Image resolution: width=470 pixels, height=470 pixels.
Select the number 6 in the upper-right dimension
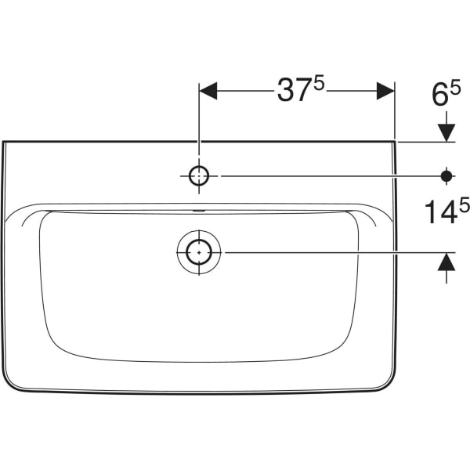click(439, 96)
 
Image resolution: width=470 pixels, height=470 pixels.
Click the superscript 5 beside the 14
click(464, 206)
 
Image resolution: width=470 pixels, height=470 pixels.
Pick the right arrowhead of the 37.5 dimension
click(385, 91)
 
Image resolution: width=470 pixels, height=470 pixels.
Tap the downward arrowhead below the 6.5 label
click(446, 132)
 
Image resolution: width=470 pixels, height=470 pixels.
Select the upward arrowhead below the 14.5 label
click(446, 262)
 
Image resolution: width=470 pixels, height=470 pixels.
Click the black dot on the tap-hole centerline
click(446, 176)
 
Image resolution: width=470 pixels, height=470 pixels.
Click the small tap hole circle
click(199, 176)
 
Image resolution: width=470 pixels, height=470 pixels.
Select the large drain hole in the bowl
click(199, 252)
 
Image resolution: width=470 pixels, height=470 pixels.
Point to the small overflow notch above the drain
click(199, 211)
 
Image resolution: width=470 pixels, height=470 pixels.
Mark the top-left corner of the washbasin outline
click(4, 143)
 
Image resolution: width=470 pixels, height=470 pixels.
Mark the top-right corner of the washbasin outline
click(394, 143)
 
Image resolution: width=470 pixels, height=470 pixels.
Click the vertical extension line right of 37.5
click(395, 110)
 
